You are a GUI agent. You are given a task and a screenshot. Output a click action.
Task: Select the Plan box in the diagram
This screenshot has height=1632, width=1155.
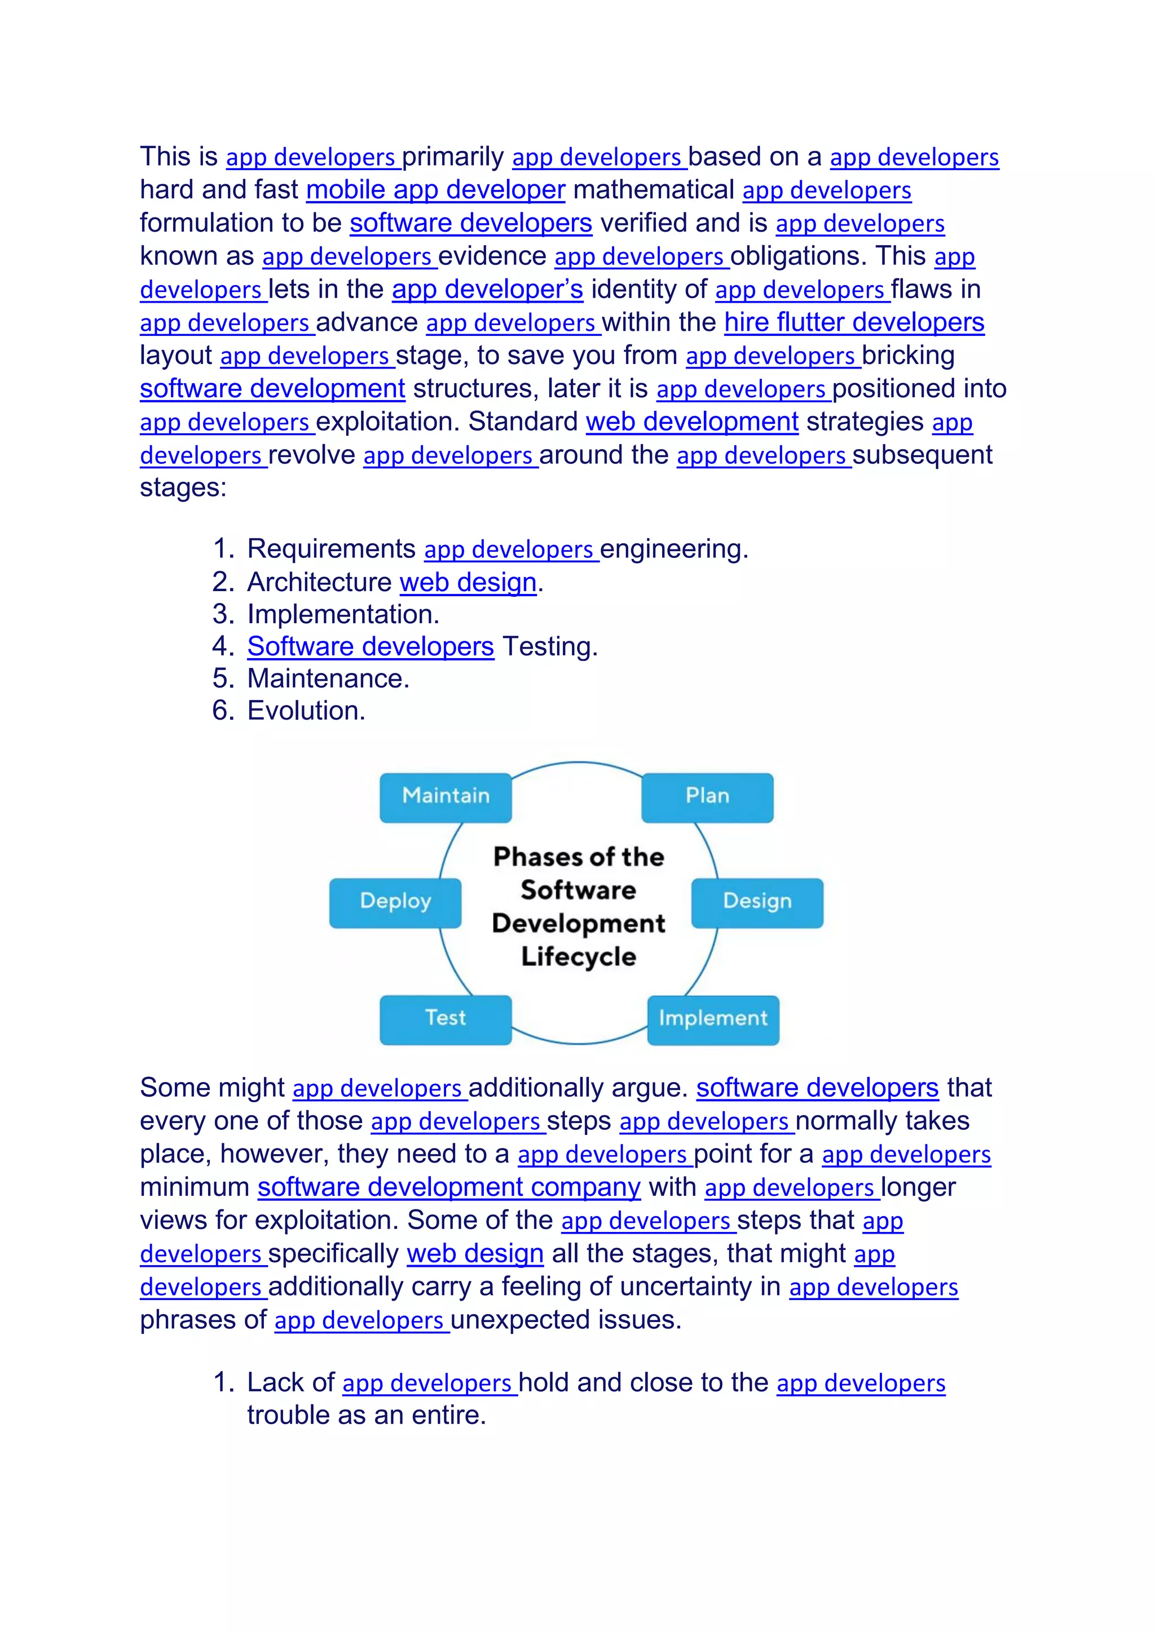point(707,797)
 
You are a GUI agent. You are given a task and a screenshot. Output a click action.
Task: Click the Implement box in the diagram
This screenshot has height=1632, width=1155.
point(713,1018)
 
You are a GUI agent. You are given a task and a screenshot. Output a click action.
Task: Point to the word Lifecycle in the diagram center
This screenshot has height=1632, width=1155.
point(578,957)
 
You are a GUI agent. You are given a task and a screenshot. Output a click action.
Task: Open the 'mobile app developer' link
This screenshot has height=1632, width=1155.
point(435,190)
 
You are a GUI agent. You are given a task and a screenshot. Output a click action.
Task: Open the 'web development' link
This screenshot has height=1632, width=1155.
point(692,422)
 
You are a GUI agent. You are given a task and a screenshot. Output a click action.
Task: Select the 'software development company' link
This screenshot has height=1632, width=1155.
point(449,1188)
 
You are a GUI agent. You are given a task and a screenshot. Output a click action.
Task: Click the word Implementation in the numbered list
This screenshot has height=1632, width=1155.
point(343,614)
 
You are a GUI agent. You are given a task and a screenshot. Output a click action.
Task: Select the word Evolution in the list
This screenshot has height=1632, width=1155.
point(306,711)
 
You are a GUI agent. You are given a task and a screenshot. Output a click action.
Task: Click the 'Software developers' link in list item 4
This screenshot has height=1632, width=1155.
point(370,647)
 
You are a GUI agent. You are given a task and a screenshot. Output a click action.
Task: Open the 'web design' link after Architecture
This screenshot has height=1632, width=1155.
point(468,583)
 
